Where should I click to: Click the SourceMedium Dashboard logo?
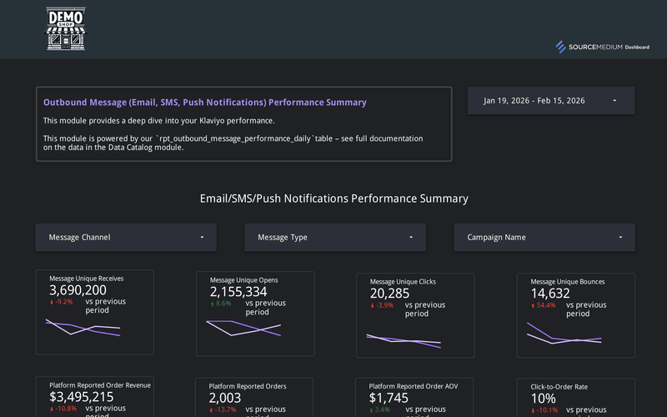point(603,47)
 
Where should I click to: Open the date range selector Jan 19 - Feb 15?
point(551,101)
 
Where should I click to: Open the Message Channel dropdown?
point(126,238)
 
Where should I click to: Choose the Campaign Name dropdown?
point(544,238)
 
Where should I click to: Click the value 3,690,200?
point(78,290)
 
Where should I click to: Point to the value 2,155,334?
point(238,292)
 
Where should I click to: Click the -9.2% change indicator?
point(62,303)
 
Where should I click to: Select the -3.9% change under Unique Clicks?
point(383,305)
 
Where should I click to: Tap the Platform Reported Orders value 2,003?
point(225,399)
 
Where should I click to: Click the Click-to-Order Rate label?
point(559,387)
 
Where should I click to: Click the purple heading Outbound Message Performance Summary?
point(204,103)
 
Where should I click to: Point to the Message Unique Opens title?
point(243,280)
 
